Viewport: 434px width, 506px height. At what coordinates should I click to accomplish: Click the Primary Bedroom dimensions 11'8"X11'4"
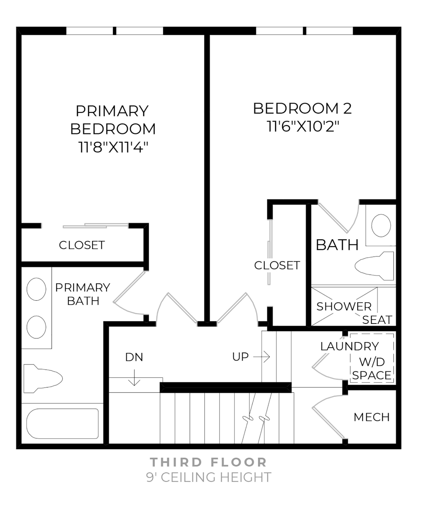[113, 147]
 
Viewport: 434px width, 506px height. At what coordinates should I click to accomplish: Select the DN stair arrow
[134, 379]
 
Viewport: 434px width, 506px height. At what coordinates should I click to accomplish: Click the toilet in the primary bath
[43, 378]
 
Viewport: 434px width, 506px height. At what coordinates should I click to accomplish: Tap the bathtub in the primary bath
[62, 424]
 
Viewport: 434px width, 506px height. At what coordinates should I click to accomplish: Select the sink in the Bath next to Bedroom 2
[381, 225]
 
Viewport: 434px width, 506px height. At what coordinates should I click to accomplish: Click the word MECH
[371, 417]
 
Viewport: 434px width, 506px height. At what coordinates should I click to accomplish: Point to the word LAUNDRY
[349, 346]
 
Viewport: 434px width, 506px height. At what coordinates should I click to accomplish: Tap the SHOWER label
[344, 306]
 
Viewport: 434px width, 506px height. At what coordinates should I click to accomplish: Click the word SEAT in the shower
[377, 320]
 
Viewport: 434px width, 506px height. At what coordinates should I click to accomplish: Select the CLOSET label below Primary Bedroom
[82, 245]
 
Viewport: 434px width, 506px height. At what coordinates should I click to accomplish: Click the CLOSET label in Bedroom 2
[277, 265]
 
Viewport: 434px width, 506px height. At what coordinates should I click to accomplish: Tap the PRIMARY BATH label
[83, 294]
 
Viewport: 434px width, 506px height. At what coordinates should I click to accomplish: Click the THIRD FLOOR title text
[209, 462]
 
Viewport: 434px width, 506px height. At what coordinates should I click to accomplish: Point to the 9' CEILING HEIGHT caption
[209, 477]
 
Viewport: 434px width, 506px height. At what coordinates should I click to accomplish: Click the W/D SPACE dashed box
[372, 358]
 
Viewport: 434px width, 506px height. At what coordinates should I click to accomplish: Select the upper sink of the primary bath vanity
[36, 289]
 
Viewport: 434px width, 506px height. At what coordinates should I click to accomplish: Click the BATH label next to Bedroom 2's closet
[337, 244]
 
